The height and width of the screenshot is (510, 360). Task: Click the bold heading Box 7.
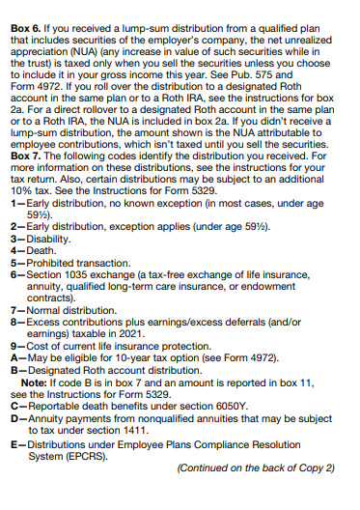[25, 158]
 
